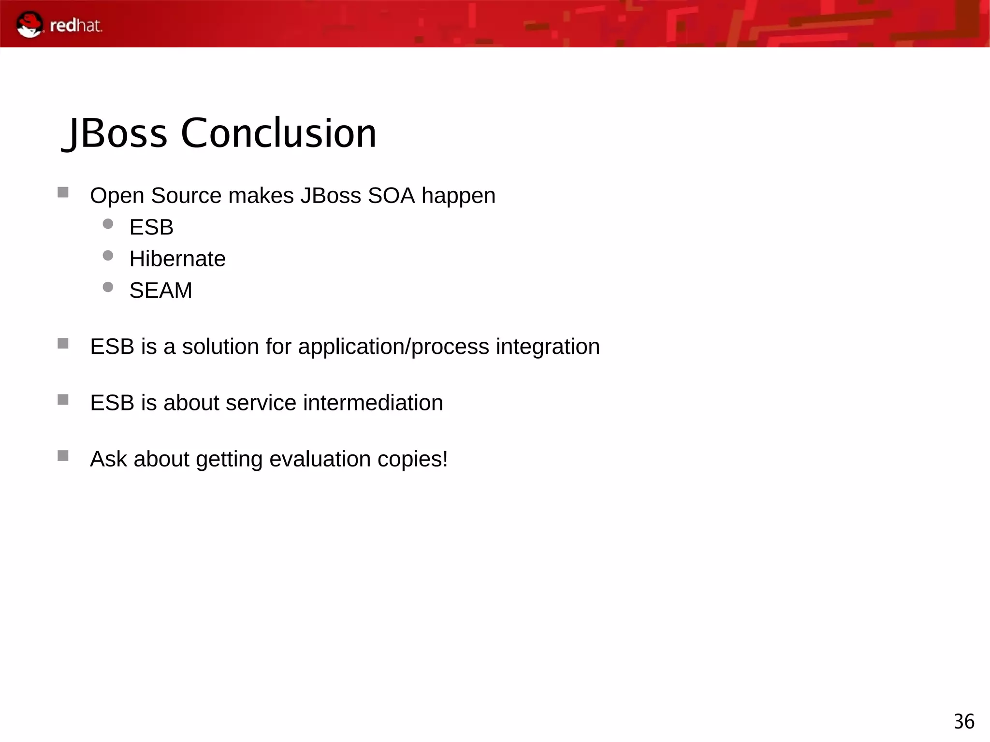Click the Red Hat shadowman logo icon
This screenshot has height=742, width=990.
tap(29, 25)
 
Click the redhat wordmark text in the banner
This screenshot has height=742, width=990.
tap(76, 26)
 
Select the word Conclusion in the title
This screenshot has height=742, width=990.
tap(278, 133)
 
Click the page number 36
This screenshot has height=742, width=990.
tap(963, 722)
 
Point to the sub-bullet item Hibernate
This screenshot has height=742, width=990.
tap(177, 259)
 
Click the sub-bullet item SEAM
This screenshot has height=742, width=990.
tap(160, 291)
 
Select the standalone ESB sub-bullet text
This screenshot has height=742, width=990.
tap(151, 227)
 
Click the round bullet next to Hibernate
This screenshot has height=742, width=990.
tap(108, 255)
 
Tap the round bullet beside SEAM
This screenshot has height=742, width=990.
tap(108, 287)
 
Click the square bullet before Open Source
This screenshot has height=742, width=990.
tap(63, 192)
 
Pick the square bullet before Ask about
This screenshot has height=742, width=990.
tap(63, 455)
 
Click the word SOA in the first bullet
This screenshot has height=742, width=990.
tap(391, 196)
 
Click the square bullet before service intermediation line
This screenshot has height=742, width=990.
tap(63, 399)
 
